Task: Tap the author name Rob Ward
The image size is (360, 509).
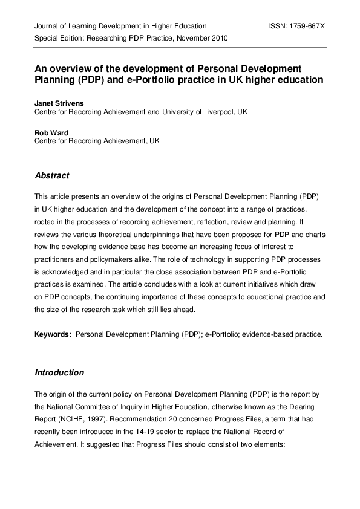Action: tap(51, 132)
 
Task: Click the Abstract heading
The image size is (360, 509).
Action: tap(52, 176)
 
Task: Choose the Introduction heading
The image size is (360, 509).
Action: tap(59, 372)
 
